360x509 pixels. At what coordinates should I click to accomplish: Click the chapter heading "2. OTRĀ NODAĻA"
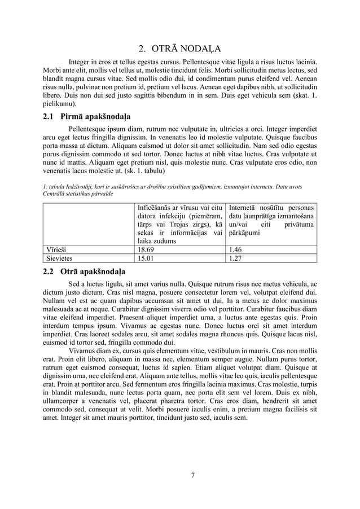coord(180,47)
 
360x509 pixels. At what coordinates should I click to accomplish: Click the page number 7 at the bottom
coord(193,475)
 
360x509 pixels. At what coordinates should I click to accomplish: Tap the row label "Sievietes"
coord(62,258)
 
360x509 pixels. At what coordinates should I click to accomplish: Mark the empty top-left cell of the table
coord(90,223)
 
